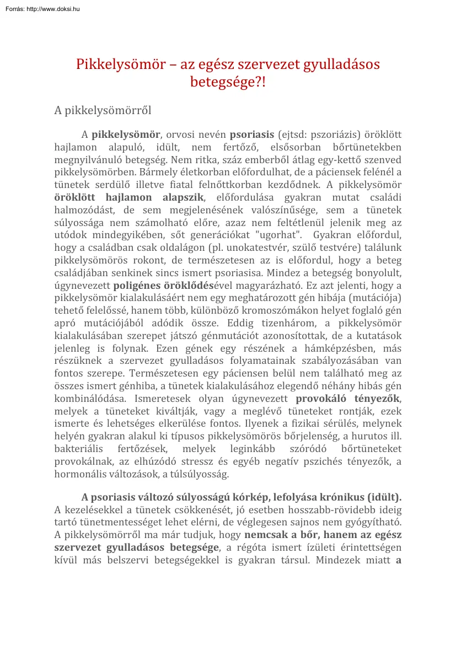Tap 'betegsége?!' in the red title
[228, 83]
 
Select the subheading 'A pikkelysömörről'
[103, 110]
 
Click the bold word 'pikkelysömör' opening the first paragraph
[126, 135]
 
